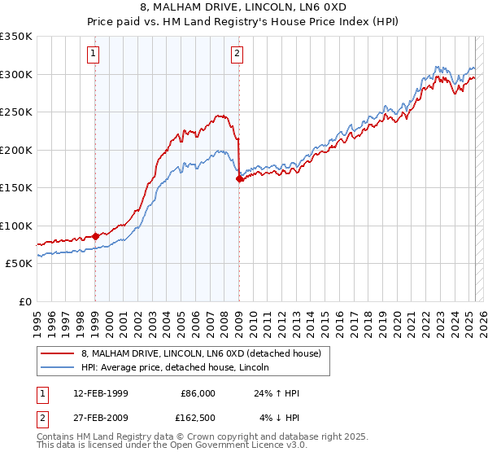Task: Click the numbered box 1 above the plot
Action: point(94,55)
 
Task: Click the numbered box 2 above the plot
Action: point(237,55)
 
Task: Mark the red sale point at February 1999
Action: point(96,236)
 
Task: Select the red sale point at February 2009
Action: point(239,178)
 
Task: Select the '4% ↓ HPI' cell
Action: point(277,419)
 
